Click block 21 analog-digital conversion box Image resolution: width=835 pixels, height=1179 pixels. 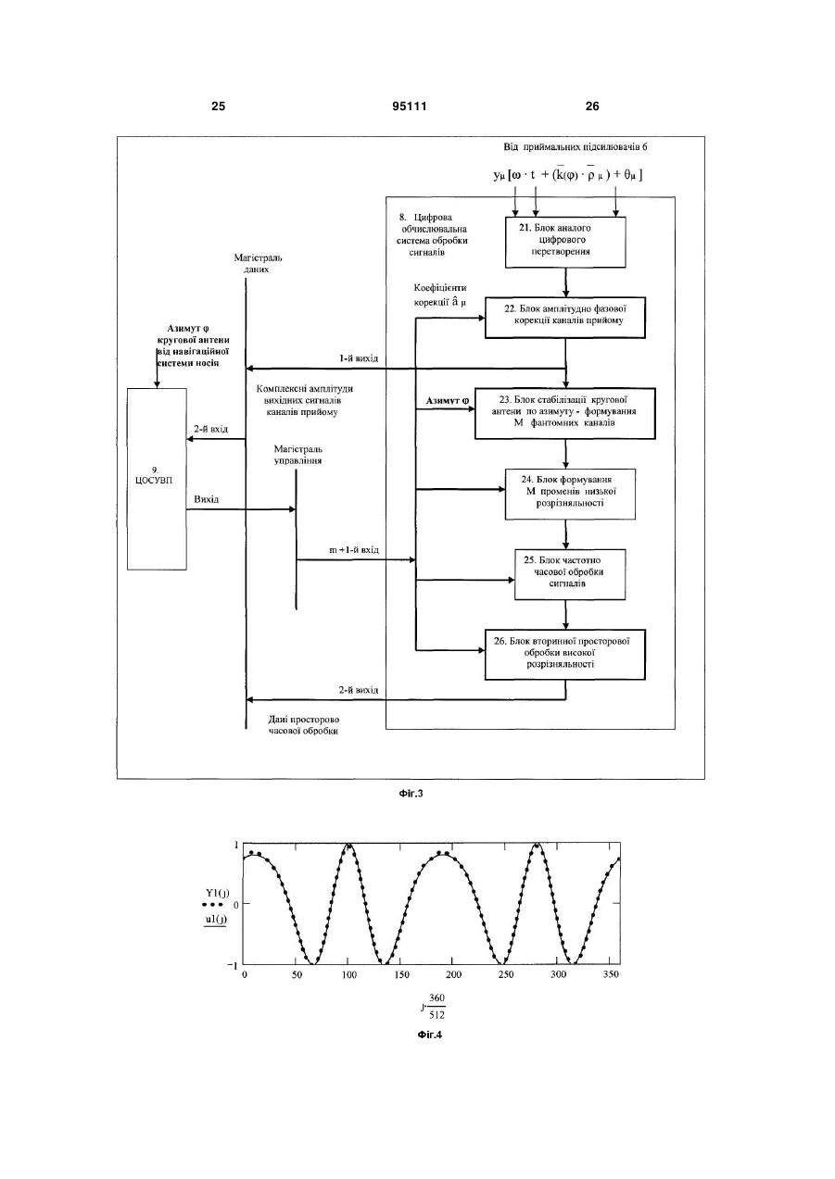click(x=565, y=242)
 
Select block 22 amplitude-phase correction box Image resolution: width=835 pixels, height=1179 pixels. click(x=564, y=318)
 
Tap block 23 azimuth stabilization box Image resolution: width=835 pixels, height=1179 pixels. click(x=564, y=414)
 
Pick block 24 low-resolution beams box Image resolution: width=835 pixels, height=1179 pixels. click(x=570, y=495)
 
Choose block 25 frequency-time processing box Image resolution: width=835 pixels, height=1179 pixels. click(x=569, y=575)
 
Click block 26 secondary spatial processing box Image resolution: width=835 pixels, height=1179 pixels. click(x=564, y=655)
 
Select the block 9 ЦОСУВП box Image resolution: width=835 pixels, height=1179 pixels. click(x=157, y=479)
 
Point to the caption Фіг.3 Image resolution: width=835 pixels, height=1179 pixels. click(x=411, y=793)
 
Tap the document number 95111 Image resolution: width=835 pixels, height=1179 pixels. click(x=410, y=107)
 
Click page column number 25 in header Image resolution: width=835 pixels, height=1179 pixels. click(x=218, y=107)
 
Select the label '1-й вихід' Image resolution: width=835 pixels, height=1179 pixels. click(x=359, y=358)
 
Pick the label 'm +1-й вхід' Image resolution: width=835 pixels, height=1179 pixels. click(x=354, y=549)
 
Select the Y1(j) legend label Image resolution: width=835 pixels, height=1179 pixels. click(x=217, y=892)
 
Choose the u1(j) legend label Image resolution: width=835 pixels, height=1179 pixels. click(x=215, y=919)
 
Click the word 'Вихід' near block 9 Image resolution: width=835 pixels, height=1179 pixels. click(x=207, y=499)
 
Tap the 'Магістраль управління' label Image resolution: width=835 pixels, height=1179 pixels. click(x=297, y=455)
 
